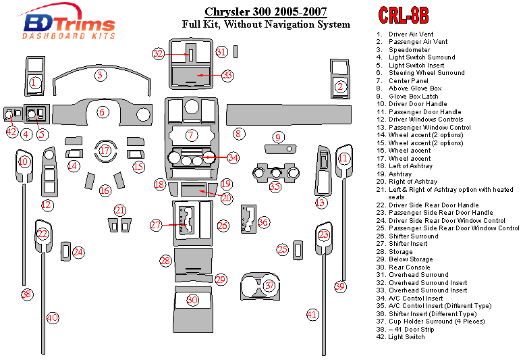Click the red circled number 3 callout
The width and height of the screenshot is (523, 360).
pyautogui.click(x=100, y=75)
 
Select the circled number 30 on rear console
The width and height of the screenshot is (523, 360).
pyautogui.click(x=193, y=300)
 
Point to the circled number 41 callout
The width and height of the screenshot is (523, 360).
pyautogui.click(x=312, y=314)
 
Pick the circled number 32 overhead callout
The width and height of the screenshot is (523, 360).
pyautogui.click(x=159, y=53)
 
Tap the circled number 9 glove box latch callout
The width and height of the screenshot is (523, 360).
pyautogui.click(x=277, y=138)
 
